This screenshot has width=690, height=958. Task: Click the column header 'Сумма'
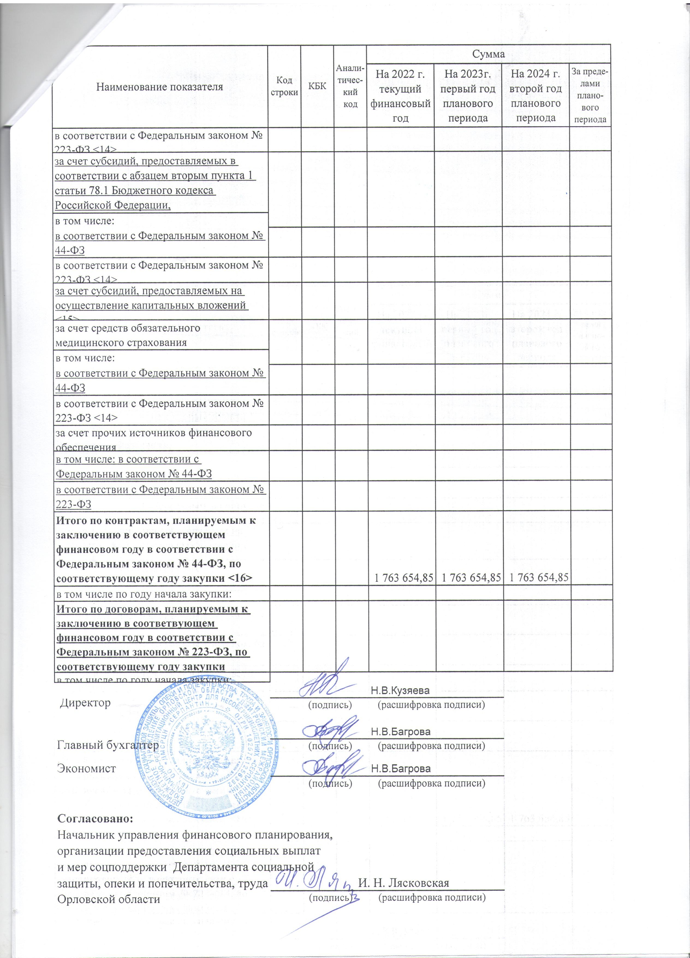(489, 54)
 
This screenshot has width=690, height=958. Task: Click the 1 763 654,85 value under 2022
(401, 577)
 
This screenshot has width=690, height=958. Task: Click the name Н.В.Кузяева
(400, 691)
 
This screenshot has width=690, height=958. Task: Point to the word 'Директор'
(85, 703)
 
